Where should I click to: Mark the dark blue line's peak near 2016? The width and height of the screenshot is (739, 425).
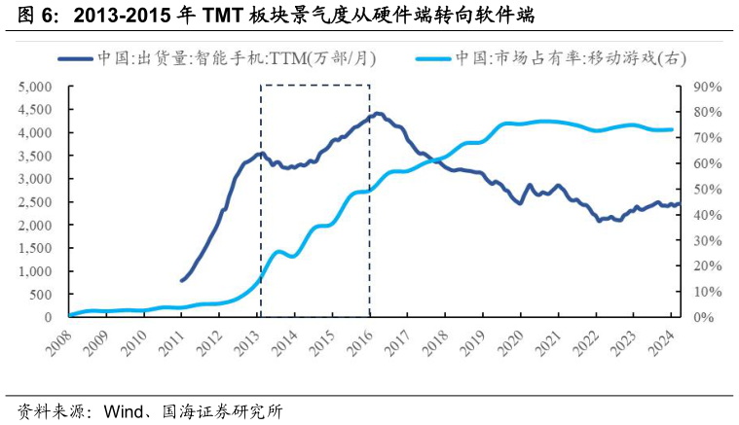(x=379, y=114)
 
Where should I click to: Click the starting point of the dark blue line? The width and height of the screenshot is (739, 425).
(x=182, y=280)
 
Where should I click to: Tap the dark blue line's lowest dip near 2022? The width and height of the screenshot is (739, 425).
(x=600, y=221)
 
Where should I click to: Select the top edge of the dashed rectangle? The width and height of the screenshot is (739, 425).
(x=314, y=86)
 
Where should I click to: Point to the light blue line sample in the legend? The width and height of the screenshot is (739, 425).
(x=432, y=58)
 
